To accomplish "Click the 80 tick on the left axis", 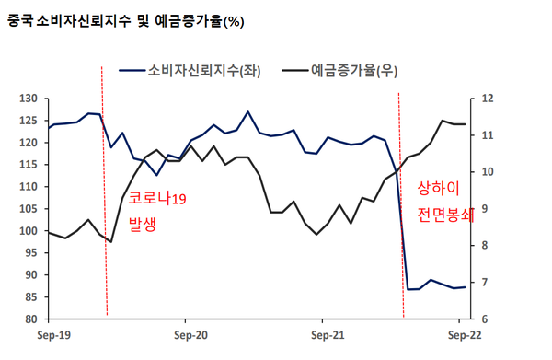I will click(29, 319).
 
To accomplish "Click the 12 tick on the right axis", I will click(488, 98).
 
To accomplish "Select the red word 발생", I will click(143, 223).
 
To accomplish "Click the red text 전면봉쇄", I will click(445, 215).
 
